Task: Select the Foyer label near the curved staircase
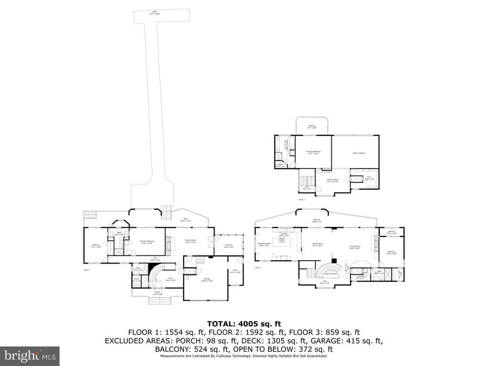pos(171,280)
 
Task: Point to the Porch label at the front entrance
pos(157,294)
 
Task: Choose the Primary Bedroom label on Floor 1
pos(146,242)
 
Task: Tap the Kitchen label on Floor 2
pos(284,234)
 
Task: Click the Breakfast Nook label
pos(264,245)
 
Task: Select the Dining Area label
pos(317,245)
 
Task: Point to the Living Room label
pos(355,247)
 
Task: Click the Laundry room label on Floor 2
pos(360,277)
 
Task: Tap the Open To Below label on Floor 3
pos(358,153)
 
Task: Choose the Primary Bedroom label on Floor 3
pos(313,152)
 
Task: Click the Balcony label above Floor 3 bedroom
pos(311,127)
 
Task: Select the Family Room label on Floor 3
pos(333,181)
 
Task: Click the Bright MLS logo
pos(30,356)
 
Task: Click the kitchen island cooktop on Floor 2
pos(282,241)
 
